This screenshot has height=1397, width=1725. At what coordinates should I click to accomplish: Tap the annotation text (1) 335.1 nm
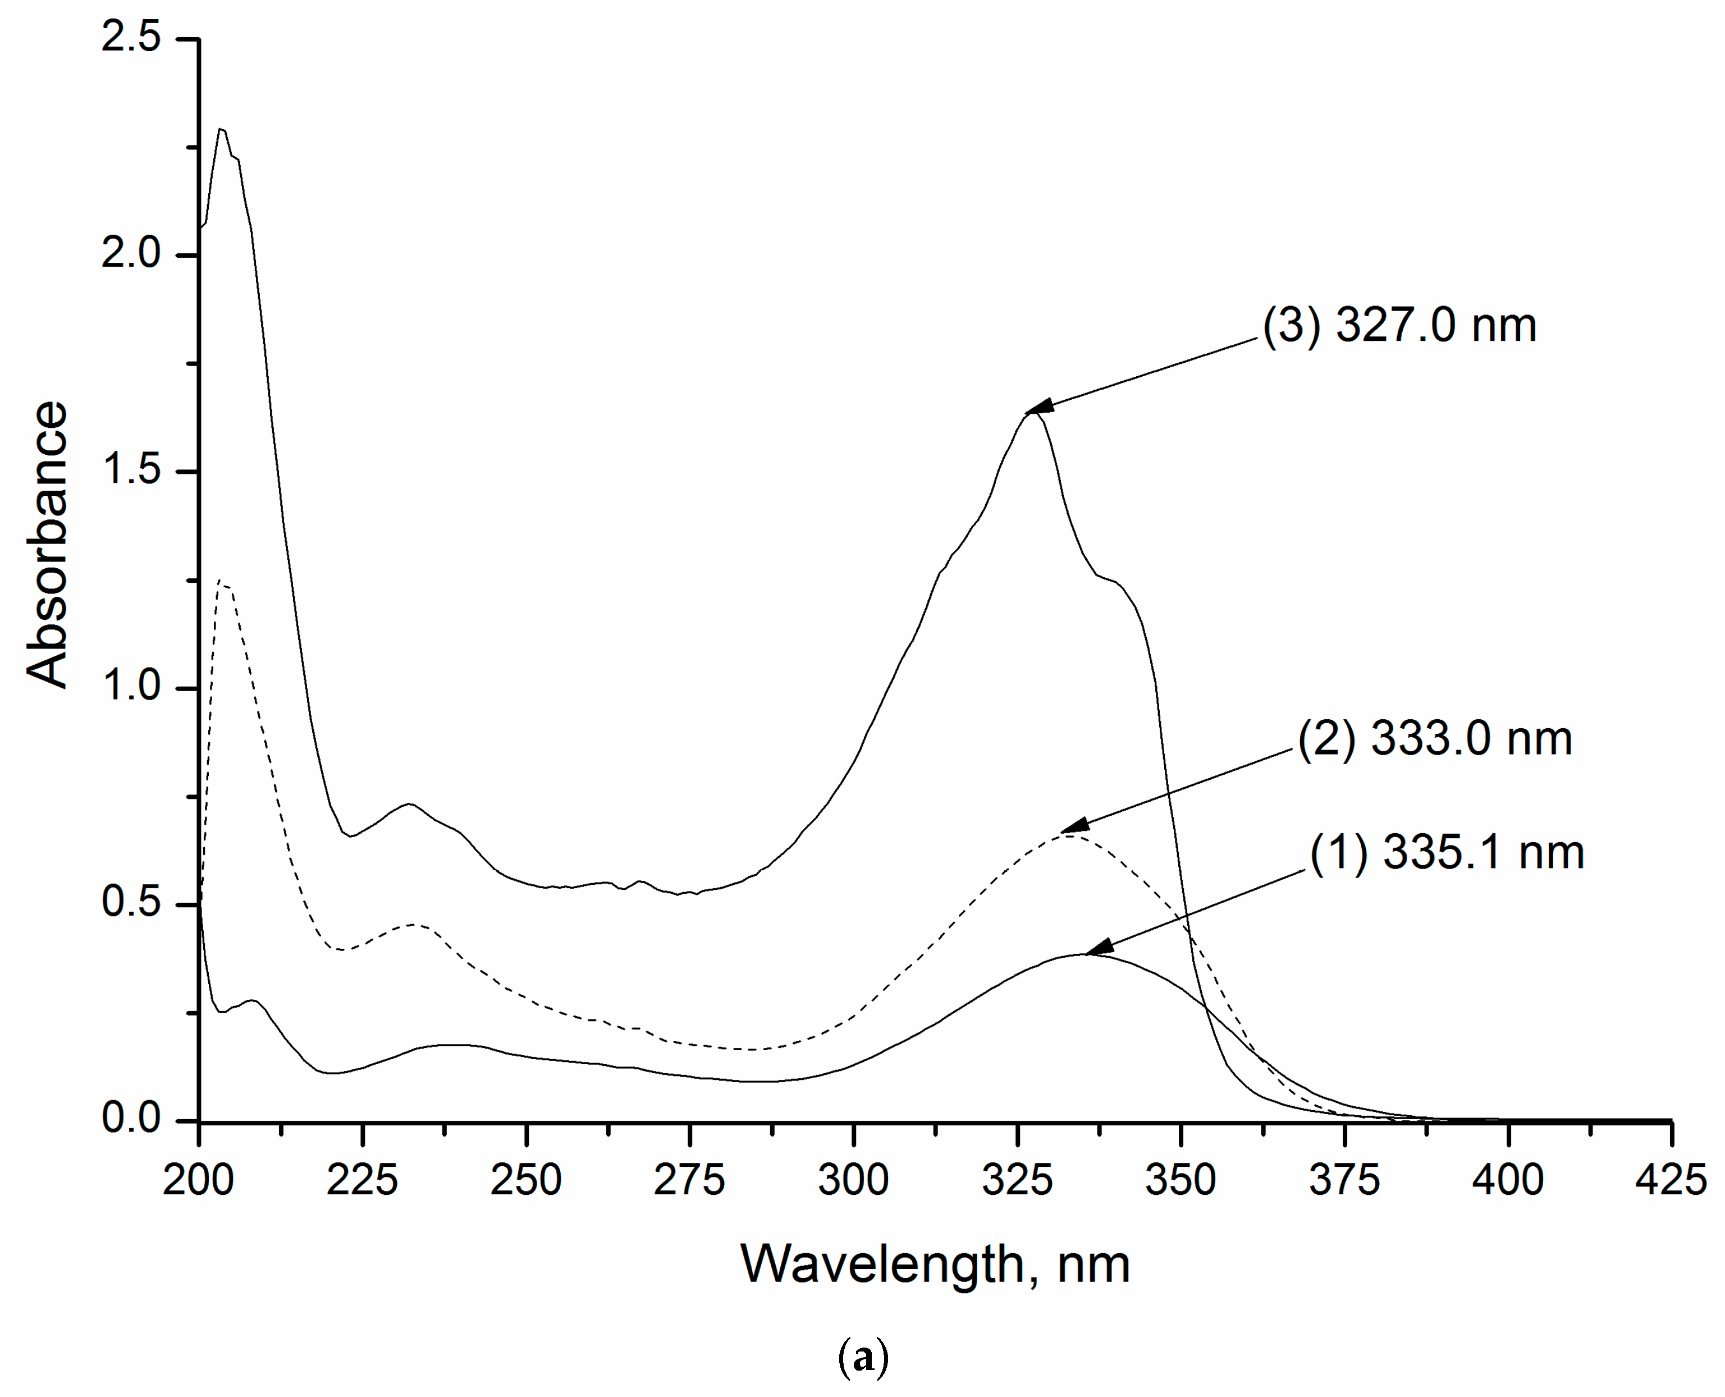pos(1447,852)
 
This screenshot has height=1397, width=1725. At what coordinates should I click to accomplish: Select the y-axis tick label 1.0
pos(131,687)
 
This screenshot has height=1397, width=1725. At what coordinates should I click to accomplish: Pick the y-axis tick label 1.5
pos(131,470)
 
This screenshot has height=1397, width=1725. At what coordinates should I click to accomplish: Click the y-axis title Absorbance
pos(47,545)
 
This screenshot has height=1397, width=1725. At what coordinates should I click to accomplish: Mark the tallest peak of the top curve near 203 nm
pos(221,129)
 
